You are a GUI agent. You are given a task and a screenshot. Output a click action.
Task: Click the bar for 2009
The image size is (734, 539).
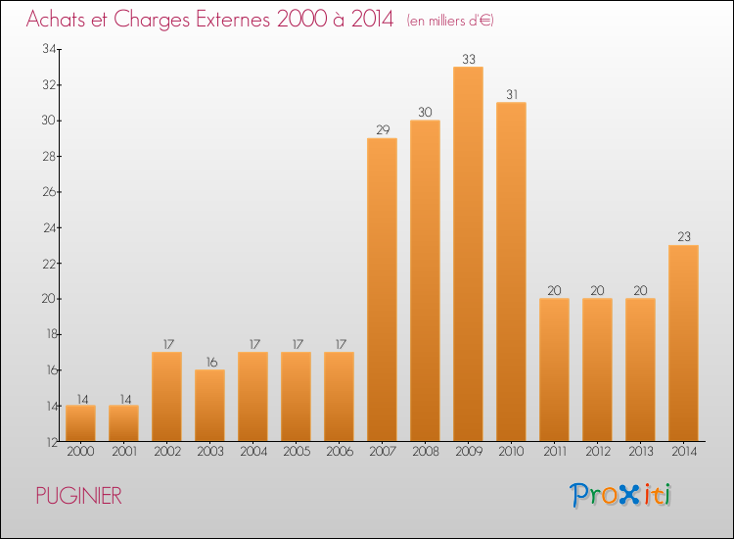[x=468, y=254]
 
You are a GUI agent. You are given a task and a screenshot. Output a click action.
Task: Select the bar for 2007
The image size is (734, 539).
[x=382, y=289]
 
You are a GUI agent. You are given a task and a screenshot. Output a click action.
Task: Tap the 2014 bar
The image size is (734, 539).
[x=683, y=343]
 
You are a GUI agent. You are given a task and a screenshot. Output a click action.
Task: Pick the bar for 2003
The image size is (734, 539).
[x=209, y=405]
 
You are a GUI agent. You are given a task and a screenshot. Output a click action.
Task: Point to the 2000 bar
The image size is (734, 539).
[x=80, y=422]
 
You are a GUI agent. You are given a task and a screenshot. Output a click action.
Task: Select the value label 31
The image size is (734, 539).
[x=511, y=94]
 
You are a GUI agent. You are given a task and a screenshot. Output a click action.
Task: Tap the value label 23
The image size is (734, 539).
[x=683, y=236]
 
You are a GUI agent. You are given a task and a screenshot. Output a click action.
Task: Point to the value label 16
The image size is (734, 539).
[x=209, y=361]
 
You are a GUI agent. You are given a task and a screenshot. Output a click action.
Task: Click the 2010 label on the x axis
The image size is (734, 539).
[x=511, y=451]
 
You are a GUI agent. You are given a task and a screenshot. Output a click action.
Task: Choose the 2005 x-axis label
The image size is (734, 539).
[x=296, y=451]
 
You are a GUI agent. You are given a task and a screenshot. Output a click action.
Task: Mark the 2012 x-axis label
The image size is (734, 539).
[x=597, y=451]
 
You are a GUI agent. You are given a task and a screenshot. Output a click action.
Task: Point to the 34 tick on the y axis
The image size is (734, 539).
[x=47, y=49]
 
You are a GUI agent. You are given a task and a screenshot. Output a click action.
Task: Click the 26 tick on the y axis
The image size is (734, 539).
[x=47, y=192]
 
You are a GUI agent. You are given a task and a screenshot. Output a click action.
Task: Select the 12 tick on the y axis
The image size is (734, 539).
[x=47, y=442]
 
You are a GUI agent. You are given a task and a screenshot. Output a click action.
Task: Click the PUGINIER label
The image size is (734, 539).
[x=78, y=496]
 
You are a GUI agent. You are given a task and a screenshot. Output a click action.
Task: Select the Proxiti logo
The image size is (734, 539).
[x=620, y=495]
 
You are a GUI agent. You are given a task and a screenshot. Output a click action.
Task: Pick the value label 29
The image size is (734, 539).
[x=382, y=129]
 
